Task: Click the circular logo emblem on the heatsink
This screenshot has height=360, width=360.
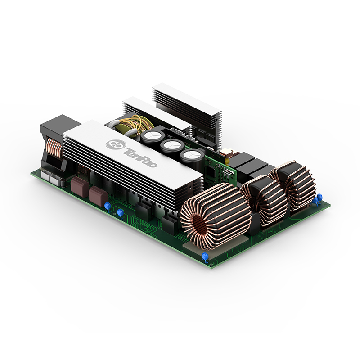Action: coord(116,144)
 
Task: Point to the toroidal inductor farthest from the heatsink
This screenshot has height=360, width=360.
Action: coord(294,185)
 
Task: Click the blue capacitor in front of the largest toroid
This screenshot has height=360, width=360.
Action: coord(205,256)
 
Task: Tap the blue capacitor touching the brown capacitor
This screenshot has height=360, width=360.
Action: coord(108,207)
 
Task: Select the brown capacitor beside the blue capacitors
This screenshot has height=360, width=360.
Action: coord(98,196)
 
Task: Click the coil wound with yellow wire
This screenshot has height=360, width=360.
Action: coord(134,125)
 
